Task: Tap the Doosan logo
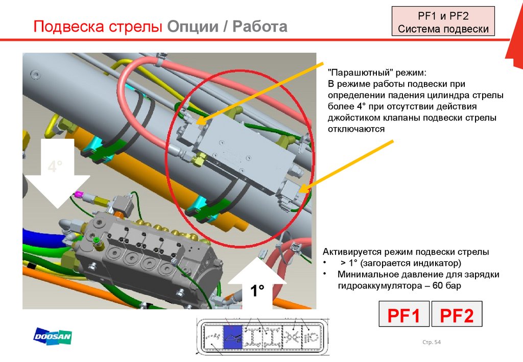click(53, 337)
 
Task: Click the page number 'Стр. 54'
click(432, 342)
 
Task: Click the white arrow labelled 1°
click(257, 288)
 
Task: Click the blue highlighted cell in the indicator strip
click(235, 337)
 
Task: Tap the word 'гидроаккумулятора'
click(377, 286)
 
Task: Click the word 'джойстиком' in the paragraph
click(354, 118)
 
